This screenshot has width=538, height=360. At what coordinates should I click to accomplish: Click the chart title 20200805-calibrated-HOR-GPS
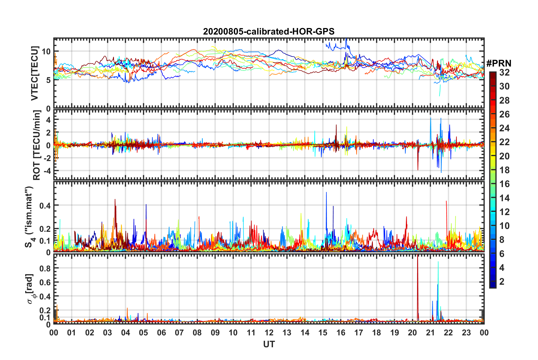[269, 31]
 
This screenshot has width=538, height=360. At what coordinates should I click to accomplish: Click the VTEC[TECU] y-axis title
[35, 73]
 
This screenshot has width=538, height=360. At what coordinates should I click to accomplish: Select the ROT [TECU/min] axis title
[37, 145]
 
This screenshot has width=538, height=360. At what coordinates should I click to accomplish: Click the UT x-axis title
[269, 344]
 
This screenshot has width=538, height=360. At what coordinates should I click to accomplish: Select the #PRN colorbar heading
[499, 63]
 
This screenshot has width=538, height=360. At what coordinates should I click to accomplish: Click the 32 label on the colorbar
[504, 73]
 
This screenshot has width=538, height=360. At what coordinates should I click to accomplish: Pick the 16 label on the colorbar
[504, 184]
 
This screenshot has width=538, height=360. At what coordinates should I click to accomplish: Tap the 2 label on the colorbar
[502, 281]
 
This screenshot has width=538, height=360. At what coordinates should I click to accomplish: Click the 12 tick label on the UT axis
[269, 333]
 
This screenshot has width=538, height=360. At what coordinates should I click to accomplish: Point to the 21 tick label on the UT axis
[431, 333]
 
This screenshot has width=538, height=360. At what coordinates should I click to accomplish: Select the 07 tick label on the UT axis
[179, 333]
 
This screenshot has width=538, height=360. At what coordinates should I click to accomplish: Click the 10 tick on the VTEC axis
[46, 52]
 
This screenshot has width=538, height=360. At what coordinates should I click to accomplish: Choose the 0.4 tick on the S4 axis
[45, 205]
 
